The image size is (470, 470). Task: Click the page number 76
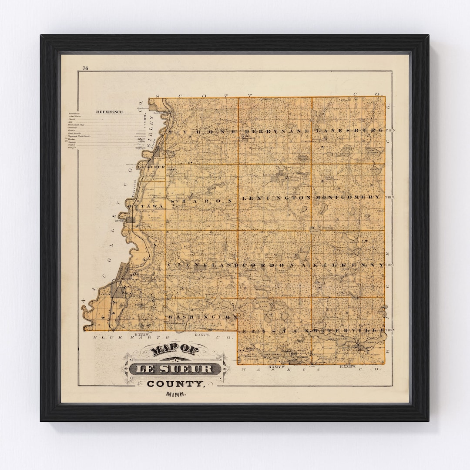point(85,68)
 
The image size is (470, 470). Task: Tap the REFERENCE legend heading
point(109,112)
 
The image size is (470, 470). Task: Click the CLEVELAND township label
point(203,265)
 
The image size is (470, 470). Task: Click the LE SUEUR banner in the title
point(175,369)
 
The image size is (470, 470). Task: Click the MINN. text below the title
point(175,394)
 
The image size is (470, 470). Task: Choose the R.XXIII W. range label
point(347,367)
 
